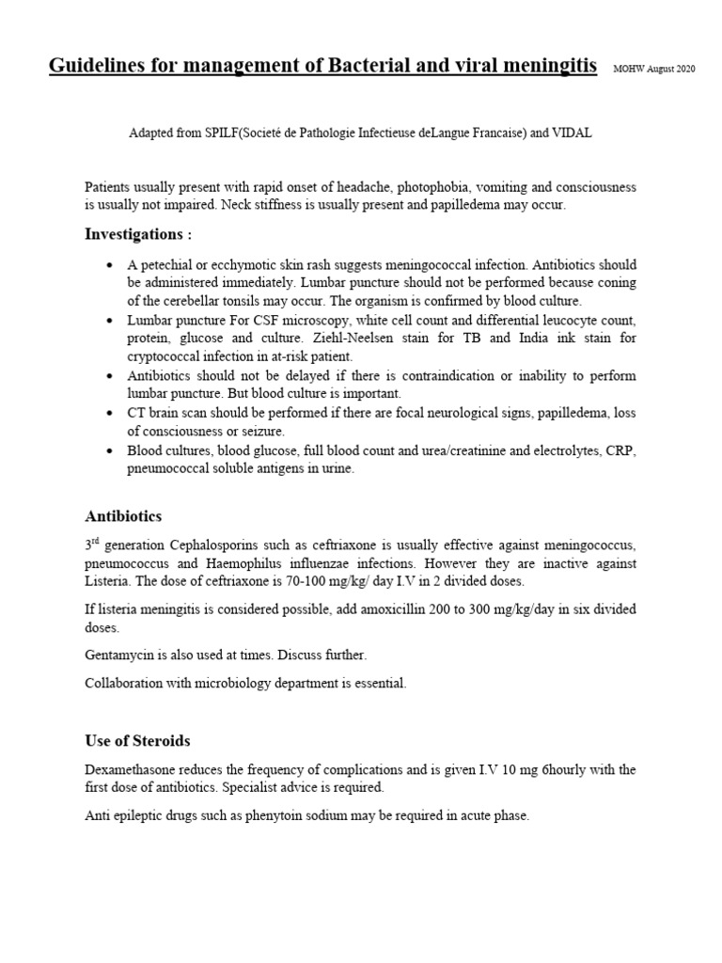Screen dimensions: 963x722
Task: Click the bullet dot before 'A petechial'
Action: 113,266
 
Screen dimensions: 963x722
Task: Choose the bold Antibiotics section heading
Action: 123,516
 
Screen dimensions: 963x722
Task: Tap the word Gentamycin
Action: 117,655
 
